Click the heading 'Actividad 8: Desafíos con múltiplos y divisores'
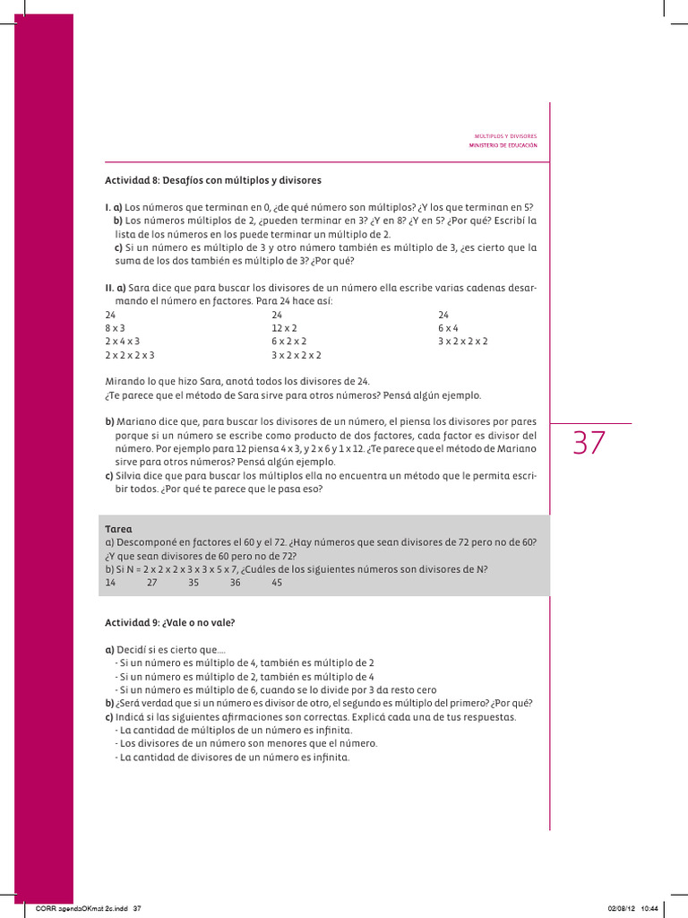click(212, 180)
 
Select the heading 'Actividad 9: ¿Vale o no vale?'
click(175, 621)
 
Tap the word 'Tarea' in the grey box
click(117, 530)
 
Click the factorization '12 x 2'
click(284, 328)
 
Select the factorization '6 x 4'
click(450, 328)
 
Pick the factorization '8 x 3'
click(115, 328)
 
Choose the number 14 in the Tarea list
click(110, 582)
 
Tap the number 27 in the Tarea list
click(151, 582)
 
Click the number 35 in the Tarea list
click(193, 582)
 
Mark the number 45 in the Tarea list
click(277, 582)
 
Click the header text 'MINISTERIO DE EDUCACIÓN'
click(503, 145)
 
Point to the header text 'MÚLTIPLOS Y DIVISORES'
click(505, 136)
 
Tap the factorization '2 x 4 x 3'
click(123, 342)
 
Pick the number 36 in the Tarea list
click(235, 582)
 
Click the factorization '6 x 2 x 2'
click(289, 342)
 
